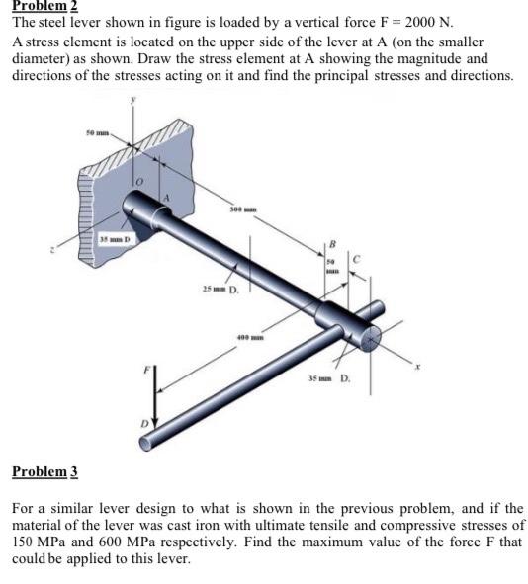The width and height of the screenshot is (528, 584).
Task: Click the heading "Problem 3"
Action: [x=44, y=471]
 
